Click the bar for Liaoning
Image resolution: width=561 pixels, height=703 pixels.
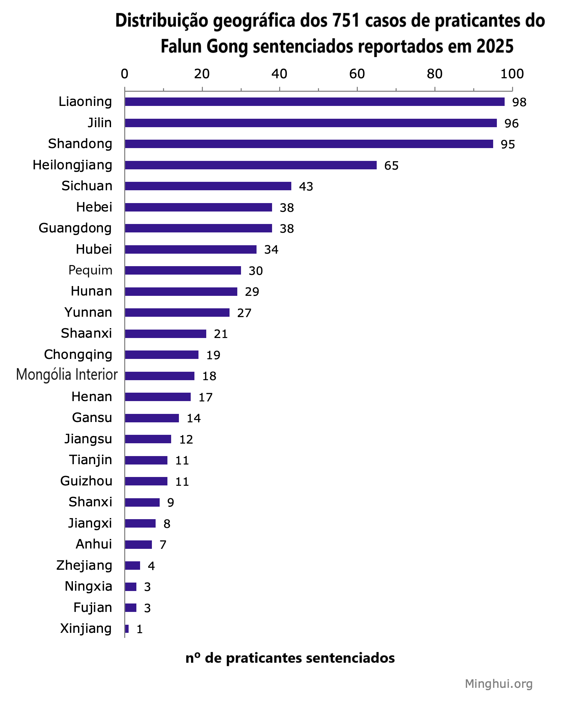point(314,102)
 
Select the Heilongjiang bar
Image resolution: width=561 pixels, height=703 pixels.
point(250,165)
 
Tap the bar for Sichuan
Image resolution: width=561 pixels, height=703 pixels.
point(208,186)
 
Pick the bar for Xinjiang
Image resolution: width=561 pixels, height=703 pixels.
point(127,628)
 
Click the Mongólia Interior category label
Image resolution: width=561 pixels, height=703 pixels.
point(67,375)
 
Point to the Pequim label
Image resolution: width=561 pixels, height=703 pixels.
point(90,270)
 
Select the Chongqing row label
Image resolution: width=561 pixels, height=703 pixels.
point(78,355)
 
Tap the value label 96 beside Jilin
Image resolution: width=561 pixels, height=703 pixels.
point(511,123)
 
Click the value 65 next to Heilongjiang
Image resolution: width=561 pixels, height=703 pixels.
point(391,166)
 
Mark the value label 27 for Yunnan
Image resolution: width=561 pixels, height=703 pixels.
point(244,313)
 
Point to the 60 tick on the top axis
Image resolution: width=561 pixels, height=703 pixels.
point(357,74)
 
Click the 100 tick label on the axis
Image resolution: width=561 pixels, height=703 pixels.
point(512,74)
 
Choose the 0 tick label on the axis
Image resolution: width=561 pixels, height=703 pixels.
point(125,74)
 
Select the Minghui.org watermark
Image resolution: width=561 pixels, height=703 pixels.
point(498,683)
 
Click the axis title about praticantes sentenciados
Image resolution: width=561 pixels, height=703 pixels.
point(290,658)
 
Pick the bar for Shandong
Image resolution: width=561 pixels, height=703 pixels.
point(309,144)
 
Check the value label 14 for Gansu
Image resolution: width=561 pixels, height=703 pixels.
point(194,418)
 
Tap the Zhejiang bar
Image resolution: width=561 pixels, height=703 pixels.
point(132,565)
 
